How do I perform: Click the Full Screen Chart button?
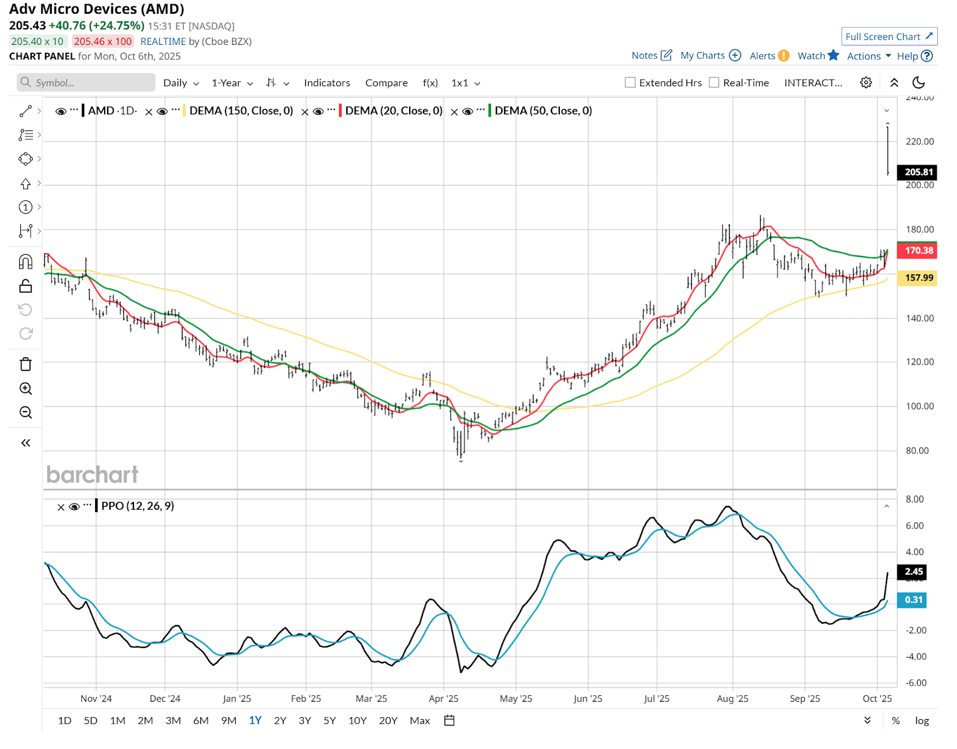click(889, 36)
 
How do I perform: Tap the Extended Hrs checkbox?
click(630, 83)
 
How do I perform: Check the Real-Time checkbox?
click(714, 83)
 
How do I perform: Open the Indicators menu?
click(327, 83)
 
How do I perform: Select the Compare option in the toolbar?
click(386, 83)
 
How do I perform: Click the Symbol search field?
click(87, 83)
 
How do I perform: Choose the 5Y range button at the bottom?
click(330, 720)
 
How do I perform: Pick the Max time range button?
click(420, 720)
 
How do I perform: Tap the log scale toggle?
click(922, 720)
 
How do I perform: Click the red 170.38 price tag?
click(918, 250)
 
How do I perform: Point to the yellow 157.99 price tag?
click(918, 278)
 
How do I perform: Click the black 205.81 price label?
click(918, 172)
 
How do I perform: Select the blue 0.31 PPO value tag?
click(913, 599)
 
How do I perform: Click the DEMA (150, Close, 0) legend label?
click(241, 111)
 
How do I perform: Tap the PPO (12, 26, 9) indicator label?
click(138, 506)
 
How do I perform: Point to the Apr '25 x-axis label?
click(443, 698)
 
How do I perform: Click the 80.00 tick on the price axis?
click(917, 450)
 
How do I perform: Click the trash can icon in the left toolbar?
click(26, 364)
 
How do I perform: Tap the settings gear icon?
click(865, 83)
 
